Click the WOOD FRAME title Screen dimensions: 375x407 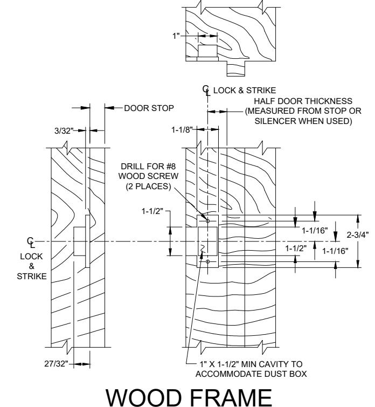coord(189,397)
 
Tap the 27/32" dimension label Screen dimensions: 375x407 coord(57,364)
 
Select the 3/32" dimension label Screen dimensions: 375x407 coord(64,130)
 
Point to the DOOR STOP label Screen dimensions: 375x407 coord(149,108)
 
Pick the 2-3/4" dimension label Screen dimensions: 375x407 coord(358,234)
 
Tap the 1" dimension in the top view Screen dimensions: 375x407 coord(176,36)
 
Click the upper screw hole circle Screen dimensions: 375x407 coord(207,221)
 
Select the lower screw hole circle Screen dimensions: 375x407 coord(207,261)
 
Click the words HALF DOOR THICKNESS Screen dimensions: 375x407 coord(303,101)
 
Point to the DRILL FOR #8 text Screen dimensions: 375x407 coord(149,166)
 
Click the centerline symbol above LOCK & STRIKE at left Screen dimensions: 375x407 coord(31,243)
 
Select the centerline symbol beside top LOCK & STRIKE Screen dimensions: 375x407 coord(206,91)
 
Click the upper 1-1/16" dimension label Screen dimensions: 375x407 coord(315,230)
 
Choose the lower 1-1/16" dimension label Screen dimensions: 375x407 coord(335,251)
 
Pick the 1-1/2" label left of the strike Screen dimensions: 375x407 coord(152,211)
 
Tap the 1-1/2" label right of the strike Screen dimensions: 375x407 coord(296,249)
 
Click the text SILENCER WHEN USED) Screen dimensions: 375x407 coord(303,121)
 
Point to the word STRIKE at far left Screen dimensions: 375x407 coord(32,276)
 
